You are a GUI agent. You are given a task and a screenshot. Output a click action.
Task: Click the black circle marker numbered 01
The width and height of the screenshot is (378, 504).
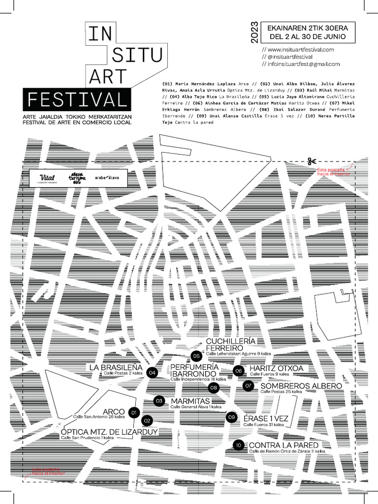pyautogui.click(x=133, y=412)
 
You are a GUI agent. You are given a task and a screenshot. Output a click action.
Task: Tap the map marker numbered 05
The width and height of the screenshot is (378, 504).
pyautogui.click(x=196, y=356)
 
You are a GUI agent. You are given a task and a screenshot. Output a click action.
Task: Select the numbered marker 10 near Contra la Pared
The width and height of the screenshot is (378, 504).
pyautogui.click(x=238, y=445)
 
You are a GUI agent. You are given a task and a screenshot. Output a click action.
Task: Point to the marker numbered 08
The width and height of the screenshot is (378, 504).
pyautogui.click(x=214, y=388)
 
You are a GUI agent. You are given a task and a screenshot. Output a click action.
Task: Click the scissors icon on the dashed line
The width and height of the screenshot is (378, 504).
pyautogui.click(x=311, y=161)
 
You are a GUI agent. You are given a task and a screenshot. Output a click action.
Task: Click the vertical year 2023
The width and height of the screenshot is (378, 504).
pyautogui.click(x=254, y=31)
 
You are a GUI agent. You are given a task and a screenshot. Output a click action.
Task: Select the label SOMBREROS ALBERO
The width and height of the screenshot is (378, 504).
pyautogui.click(x=301, y=386)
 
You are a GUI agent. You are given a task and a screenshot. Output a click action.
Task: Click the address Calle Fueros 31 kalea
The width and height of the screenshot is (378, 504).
pyautogui.click(x=263, y=424)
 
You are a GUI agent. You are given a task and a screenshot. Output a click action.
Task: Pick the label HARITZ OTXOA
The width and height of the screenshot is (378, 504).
pyautogui.click(x=276, y=369)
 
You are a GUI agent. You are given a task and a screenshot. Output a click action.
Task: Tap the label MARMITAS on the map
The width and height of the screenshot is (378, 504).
pyautogui.click(x=190, y=401)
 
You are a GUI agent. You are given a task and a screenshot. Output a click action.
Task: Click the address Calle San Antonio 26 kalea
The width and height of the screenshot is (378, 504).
pyautogui.click(x=96, y=417)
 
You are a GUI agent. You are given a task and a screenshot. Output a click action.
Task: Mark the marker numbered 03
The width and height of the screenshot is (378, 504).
pyautogui.click(x=159, y=401)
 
